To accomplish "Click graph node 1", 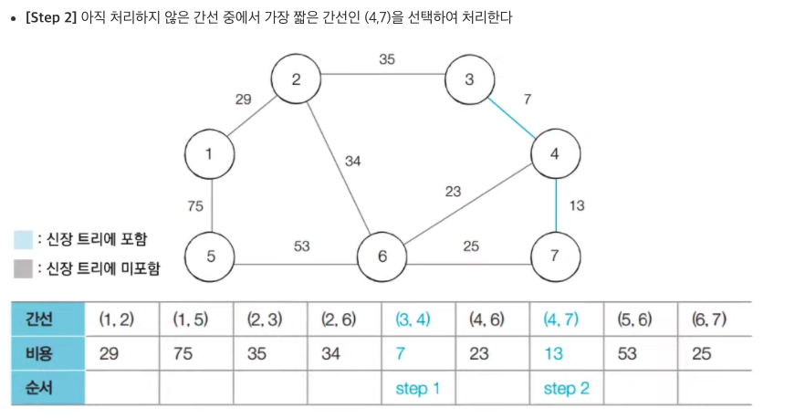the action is point(211,154).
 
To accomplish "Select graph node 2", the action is point(297,79).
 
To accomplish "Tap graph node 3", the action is point(469,79).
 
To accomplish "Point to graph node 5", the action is point(211,256).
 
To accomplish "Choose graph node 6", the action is point(382,257).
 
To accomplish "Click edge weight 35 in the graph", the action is point(387,60).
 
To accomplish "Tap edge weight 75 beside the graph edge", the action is point(195,206).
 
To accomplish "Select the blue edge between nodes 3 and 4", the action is point(512,116).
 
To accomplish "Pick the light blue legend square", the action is point(23,239).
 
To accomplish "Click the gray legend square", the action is point(23,269).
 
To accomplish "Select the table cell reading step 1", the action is point(417,389).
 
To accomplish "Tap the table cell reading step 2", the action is point(566,389).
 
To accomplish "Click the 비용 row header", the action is point(46,353).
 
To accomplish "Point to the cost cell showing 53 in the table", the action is point(626,353).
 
